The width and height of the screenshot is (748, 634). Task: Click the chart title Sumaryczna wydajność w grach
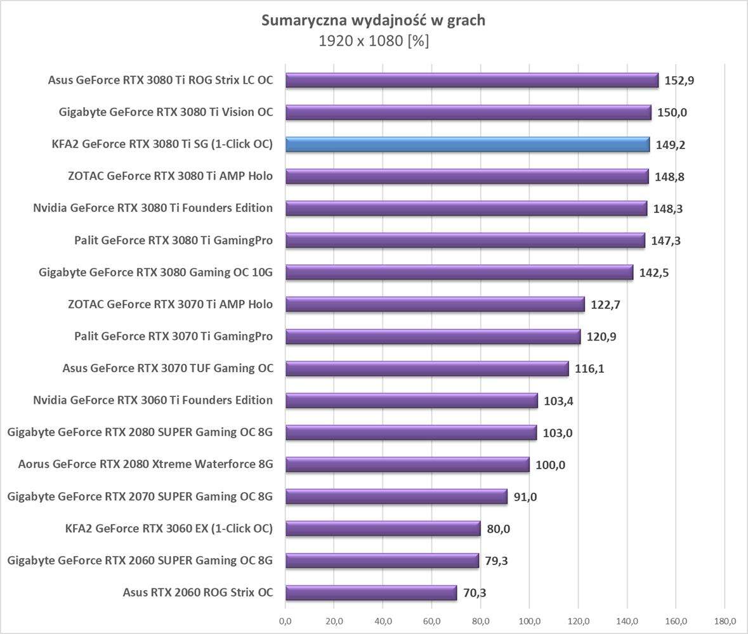374,20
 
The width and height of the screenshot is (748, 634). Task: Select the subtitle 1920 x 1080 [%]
374,41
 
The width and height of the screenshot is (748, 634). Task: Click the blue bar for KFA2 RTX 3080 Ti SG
467,145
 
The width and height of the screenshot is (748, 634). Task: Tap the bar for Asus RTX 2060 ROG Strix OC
371,593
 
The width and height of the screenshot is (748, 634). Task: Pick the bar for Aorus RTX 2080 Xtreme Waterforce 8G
407,465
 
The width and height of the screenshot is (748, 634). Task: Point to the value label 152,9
680,81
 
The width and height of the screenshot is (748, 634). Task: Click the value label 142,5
654,273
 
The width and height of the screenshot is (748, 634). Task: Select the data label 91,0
525,497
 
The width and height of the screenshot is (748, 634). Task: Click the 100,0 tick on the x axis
530,621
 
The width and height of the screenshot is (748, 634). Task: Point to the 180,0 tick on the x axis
725,621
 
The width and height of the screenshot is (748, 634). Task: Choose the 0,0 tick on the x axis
285,621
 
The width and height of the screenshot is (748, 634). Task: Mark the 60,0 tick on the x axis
432,621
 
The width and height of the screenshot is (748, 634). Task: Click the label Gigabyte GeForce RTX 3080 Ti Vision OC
166,112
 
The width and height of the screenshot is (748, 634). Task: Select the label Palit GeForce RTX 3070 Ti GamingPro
173,336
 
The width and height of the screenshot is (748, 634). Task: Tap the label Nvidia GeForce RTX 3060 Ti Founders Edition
153,400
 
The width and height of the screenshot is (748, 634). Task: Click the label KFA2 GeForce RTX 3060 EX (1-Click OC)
169,529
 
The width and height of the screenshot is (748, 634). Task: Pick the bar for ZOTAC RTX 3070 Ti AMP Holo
435,304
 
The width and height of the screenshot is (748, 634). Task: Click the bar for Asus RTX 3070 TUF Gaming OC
426,368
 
